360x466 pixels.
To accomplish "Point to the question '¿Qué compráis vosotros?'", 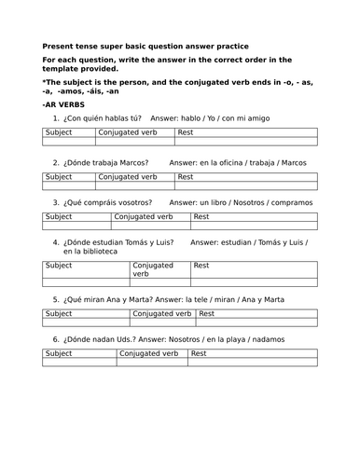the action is (x=109, y=202).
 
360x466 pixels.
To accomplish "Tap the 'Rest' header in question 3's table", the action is (x=201, y=216).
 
